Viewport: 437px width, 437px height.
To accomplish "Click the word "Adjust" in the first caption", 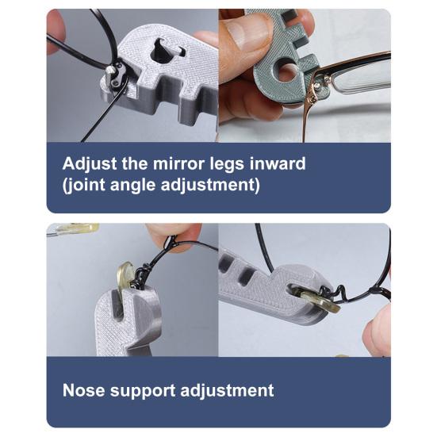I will (x=88, y=165).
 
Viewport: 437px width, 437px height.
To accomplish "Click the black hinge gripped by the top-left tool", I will (x=116, y=75).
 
